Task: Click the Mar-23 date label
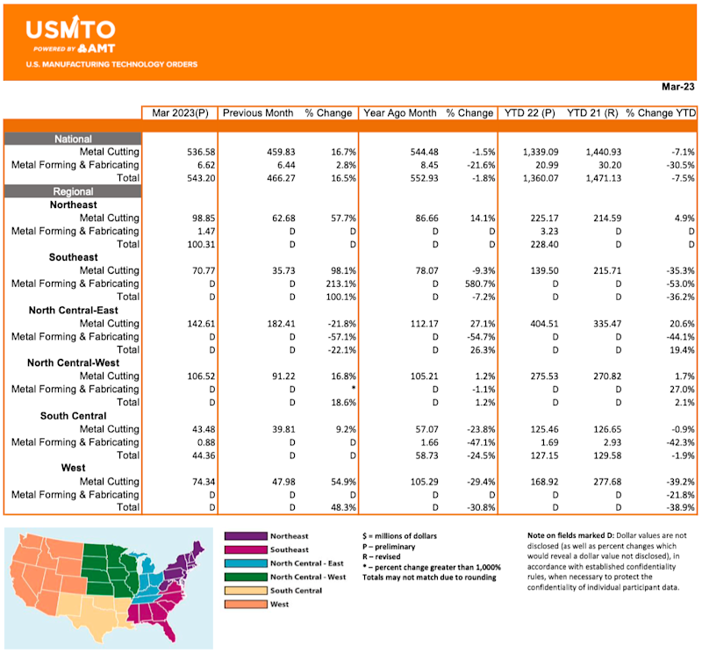(677, 88)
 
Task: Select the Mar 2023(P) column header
(179, 113)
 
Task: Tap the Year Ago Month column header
(399, 113)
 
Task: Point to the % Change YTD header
(661, 113)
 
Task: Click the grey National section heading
(73, 139)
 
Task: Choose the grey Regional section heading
(73, 191)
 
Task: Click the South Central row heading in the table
(74, 415)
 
